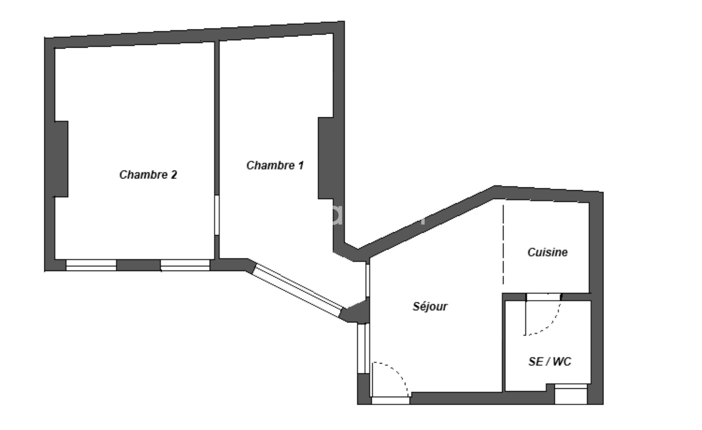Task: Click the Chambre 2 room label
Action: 148,175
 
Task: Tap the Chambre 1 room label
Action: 275,165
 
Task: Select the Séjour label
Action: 430,307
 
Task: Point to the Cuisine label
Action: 548,252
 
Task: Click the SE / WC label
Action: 550,362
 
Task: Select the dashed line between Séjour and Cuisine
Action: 503,245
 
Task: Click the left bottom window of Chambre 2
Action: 91,265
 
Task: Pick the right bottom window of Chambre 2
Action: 185,265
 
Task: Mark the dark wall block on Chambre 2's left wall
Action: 61,159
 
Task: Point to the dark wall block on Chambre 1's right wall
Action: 326,158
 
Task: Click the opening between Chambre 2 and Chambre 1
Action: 217,215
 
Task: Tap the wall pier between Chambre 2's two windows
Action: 138,265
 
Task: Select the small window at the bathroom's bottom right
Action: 571,394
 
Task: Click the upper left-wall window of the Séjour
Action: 367,280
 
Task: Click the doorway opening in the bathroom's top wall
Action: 543,297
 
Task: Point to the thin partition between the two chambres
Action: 217,150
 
